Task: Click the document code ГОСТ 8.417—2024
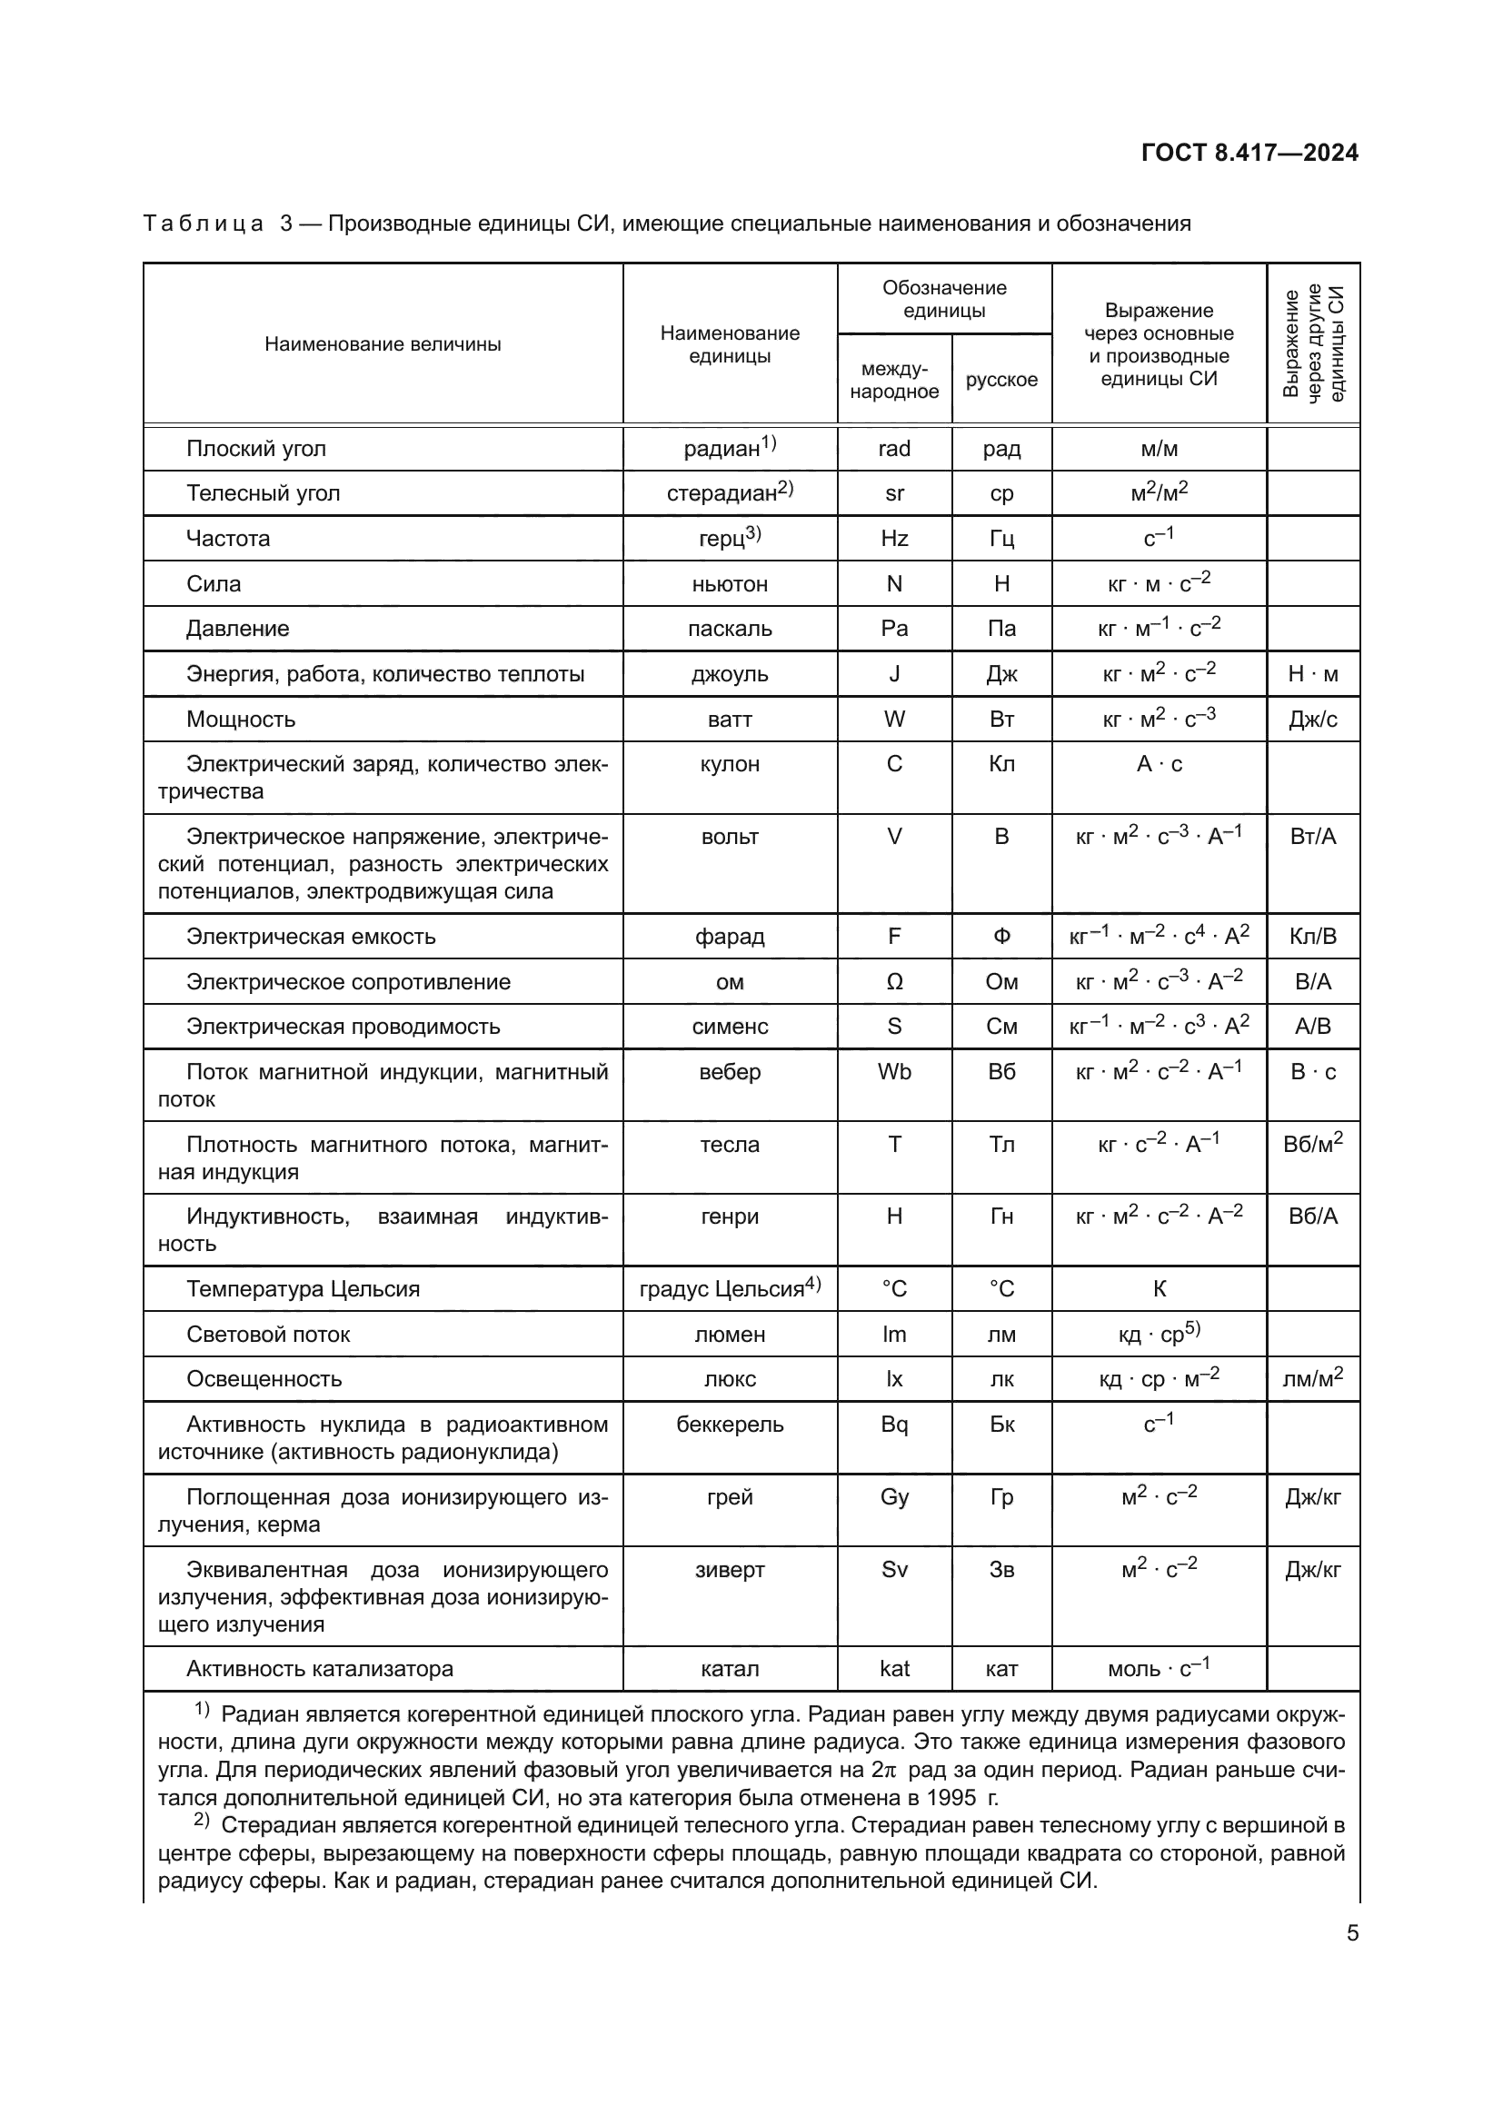1249,153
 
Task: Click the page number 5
1352,1932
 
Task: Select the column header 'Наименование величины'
383,344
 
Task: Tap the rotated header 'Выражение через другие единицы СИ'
1313,343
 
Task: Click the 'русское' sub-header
1001,380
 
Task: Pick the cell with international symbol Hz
894,539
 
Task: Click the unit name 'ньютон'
730,584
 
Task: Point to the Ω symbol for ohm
894,982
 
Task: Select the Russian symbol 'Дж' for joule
1001,674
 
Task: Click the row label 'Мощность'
241,720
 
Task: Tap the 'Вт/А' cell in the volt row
1312,837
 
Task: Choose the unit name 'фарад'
730,937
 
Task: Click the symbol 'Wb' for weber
894,1072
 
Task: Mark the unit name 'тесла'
730,1145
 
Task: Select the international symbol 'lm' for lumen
894,1334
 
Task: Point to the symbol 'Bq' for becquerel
894,1425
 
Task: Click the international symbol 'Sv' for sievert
894,1570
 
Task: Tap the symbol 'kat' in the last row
894,1669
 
